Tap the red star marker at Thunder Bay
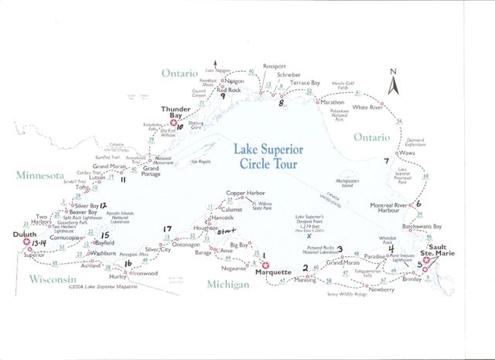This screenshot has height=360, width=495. point(173,122)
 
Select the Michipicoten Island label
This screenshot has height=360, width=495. point(341,182)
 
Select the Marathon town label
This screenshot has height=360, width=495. point(332,101)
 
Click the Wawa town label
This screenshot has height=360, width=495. point(406,153)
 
